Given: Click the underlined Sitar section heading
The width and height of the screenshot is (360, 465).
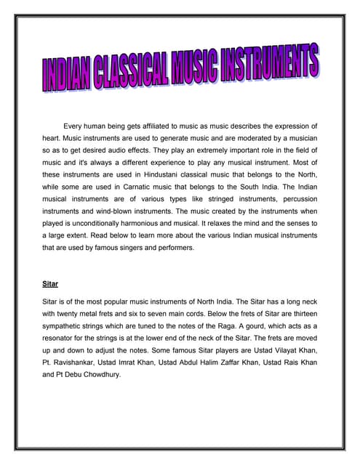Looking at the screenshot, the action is (x=51, y=286).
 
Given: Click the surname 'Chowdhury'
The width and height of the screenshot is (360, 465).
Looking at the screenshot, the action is (x=100, y=375).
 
